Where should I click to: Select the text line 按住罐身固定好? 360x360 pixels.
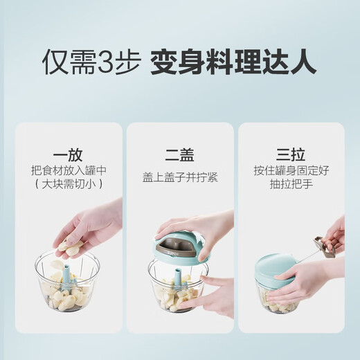(x=290, y=171)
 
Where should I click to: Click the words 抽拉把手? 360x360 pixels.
(x=290, y=185)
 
